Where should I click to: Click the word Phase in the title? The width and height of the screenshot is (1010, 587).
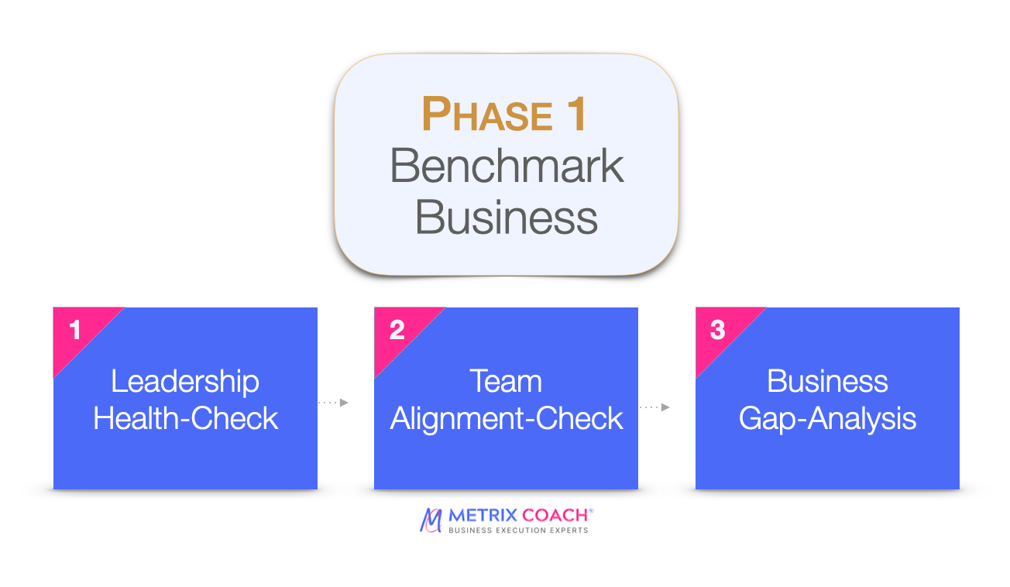tap(487, 114)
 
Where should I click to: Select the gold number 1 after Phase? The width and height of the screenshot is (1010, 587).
tap(577, 114)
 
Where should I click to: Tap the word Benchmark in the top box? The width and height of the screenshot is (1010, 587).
tap(507, 166)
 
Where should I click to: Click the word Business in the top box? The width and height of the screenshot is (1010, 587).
tap(507, 217)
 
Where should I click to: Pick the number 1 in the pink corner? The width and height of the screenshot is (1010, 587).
tap(75, 330)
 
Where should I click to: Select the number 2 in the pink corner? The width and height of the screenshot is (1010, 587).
tap(397, 330)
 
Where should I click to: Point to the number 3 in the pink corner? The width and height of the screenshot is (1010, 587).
tap(717, 330)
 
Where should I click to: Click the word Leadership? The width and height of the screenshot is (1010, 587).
tap(185, 383)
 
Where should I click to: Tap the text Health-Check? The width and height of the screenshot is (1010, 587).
tap(185, 418)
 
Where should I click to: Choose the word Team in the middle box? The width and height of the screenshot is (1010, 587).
tap(506, 382)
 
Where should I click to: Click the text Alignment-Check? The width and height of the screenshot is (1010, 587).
tap(507, 419)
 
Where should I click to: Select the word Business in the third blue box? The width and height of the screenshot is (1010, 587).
tap(827, 382)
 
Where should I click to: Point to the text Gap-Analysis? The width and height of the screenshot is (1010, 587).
tap(827, 419)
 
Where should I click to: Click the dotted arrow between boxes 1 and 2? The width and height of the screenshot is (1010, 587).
tap(333, 402)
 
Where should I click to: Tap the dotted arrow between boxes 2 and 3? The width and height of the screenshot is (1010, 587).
tap(654, 407)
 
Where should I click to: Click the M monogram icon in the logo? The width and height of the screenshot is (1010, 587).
tap(431, 520)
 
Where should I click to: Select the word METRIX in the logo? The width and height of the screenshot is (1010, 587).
tap(483, 515)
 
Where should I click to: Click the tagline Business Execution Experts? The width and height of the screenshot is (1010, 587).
tap(518, 530)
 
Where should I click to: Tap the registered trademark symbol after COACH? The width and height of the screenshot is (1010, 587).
tap(591, 510)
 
